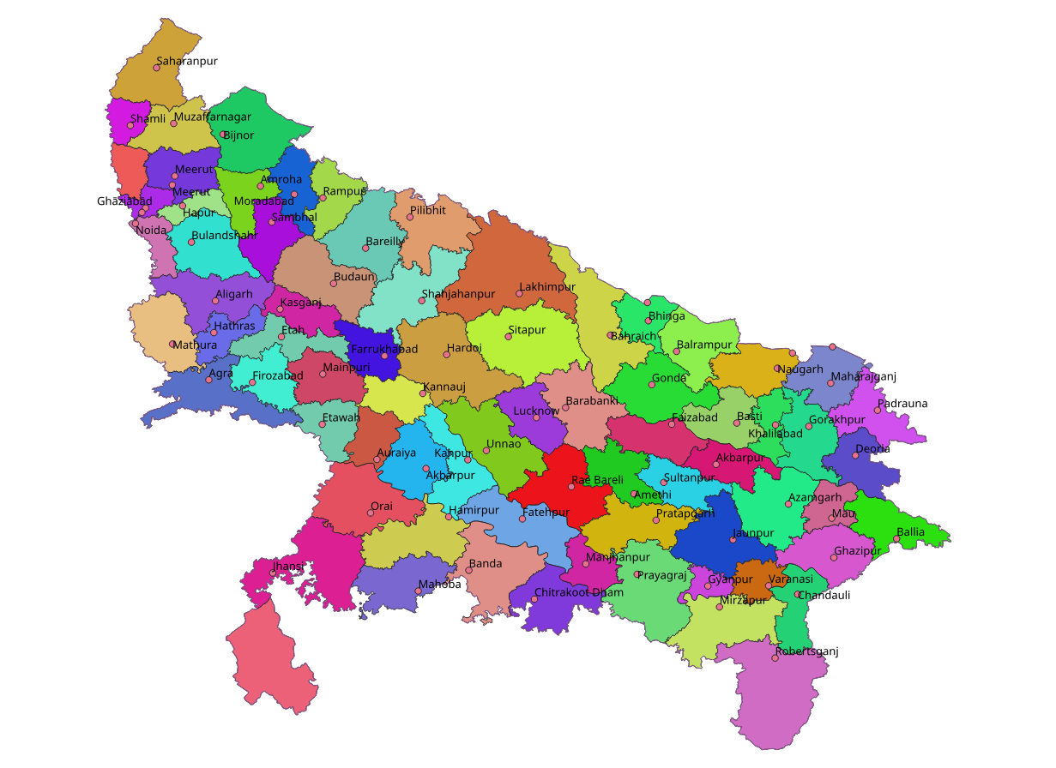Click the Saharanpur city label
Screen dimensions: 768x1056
(187, 62)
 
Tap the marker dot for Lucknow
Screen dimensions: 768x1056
(536, 417)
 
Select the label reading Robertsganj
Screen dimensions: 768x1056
(806, 651)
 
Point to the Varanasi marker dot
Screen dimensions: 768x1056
(769, 586)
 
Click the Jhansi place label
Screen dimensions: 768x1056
(287, 567)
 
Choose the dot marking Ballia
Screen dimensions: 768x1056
(896, 539)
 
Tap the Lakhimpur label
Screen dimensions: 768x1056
(547, 287)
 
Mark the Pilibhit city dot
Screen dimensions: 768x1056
(410, 217)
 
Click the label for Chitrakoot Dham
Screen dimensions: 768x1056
(579, 592)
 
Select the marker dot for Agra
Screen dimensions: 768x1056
(208, 380)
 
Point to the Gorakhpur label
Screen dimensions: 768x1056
(837, 420)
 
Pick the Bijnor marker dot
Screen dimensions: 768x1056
(223, 134)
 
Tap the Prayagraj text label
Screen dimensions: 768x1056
(662, 575)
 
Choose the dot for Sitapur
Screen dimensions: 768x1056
(508, 337)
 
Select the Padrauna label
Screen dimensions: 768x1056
(902, 404)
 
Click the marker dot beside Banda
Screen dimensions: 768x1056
(469, 571)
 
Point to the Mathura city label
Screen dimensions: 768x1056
(195, 345)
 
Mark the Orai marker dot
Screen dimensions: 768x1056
(371, 513)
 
